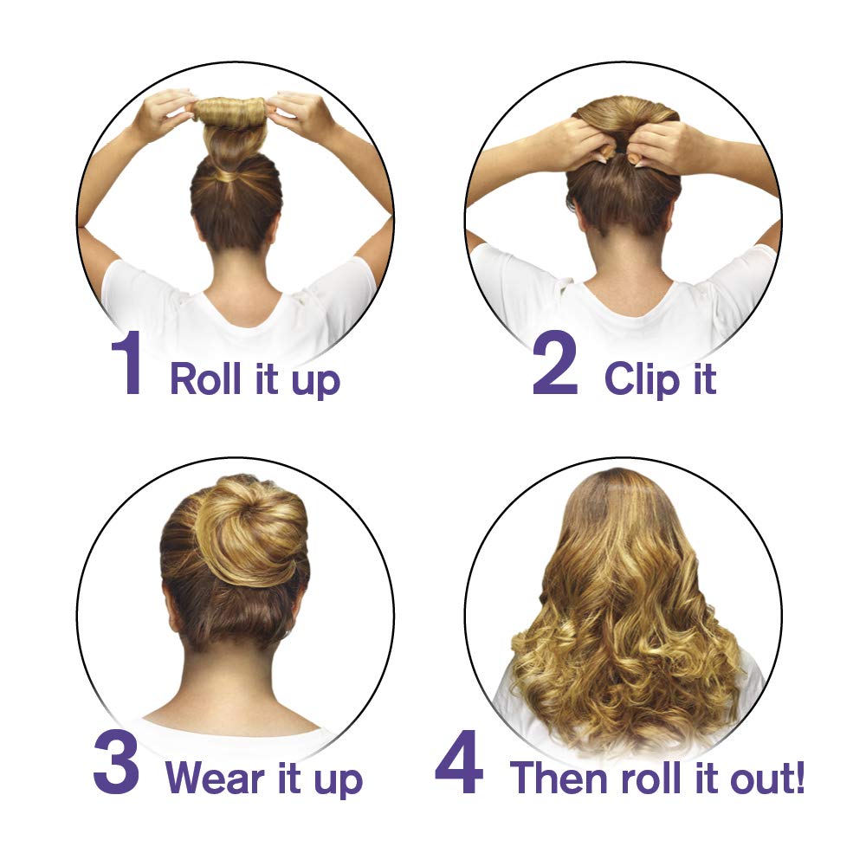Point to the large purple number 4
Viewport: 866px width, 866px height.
coord(458,763)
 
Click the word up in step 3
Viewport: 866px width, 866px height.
coord(339,779)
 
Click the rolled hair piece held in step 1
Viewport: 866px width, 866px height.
coord(230,111)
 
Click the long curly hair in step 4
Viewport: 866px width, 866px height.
coord(624,624)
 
